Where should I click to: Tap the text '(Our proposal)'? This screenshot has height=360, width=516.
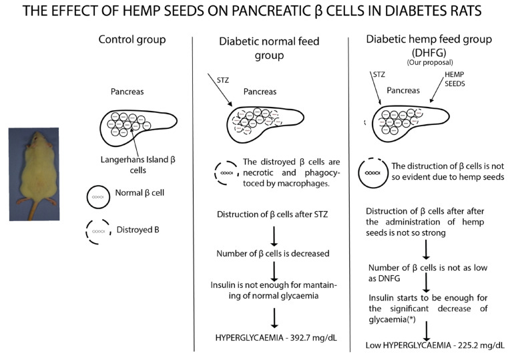(425, 62)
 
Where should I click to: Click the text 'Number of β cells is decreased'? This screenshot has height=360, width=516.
(274, 254)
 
